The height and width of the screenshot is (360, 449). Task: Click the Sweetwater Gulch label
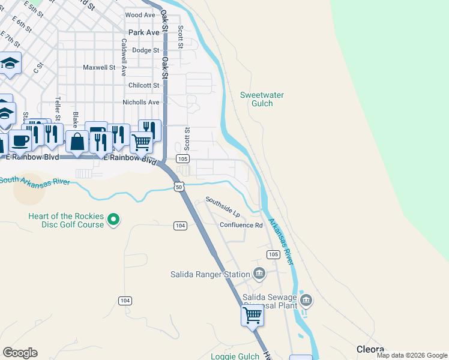[x=262, y=99]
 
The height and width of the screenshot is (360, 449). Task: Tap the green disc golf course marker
[x=113, y=221]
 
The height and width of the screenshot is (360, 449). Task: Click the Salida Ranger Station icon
[x=259, y=274]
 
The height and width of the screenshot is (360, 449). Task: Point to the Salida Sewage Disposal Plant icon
[x=306, y=299]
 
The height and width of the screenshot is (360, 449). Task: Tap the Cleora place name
[x=370, y=349]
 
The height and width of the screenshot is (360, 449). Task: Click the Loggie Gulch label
[x=235, y=356]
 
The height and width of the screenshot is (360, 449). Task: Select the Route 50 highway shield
[x=179, y=187]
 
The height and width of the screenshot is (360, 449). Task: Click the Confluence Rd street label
[x=241, y=225]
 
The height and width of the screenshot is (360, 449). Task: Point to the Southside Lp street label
[x=222, y=206]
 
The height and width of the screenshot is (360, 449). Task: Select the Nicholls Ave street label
[x=141, y=103]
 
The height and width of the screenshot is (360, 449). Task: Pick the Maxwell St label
[x=99, y=68]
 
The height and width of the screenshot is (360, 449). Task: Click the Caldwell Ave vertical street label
[x=124, y=57]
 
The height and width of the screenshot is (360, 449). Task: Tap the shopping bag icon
[x=77, y=142]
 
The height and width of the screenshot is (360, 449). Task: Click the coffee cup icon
[x=20, y=140]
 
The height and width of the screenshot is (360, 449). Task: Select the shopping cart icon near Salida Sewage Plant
[x=253, y=314]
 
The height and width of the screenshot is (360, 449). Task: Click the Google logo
[x=20, y=353]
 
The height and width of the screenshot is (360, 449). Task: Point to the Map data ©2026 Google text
[x=411, y=355]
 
